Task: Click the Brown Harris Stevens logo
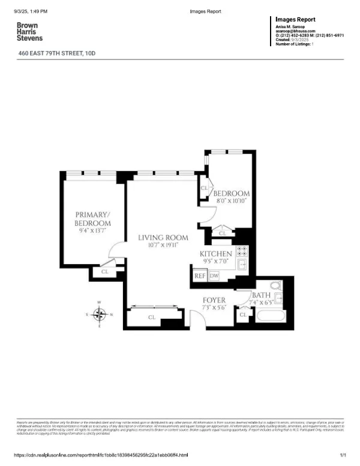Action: click(29, 32)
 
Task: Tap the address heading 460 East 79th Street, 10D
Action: click(58, 54)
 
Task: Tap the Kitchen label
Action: click(215, 254)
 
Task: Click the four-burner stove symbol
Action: click(242, 252)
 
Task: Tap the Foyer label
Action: click(214, 300)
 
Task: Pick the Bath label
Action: click(261, 295)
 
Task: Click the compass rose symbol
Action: click(100, 314)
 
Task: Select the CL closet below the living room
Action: click(152, 317)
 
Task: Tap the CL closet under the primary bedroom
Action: click(105, 272)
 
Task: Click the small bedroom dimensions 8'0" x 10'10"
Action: click(230, 201)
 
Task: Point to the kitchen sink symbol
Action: click(243, 266)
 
